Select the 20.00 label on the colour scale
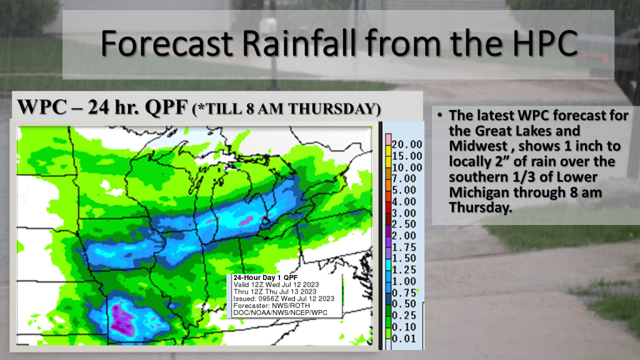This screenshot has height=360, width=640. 407,144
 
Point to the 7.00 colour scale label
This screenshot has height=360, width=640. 404,178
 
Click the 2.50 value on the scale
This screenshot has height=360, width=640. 404,224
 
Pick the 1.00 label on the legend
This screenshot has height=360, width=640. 404,281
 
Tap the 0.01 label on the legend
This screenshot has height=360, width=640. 404,338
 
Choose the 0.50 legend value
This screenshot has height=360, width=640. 404,304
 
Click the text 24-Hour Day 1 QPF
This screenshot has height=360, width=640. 265,277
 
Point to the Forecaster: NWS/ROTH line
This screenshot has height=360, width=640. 271,306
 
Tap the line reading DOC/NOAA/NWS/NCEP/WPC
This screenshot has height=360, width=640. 280,312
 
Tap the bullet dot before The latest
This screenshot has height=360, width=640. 439,116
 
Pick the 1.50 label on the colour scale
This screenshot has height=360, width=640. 404,258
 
